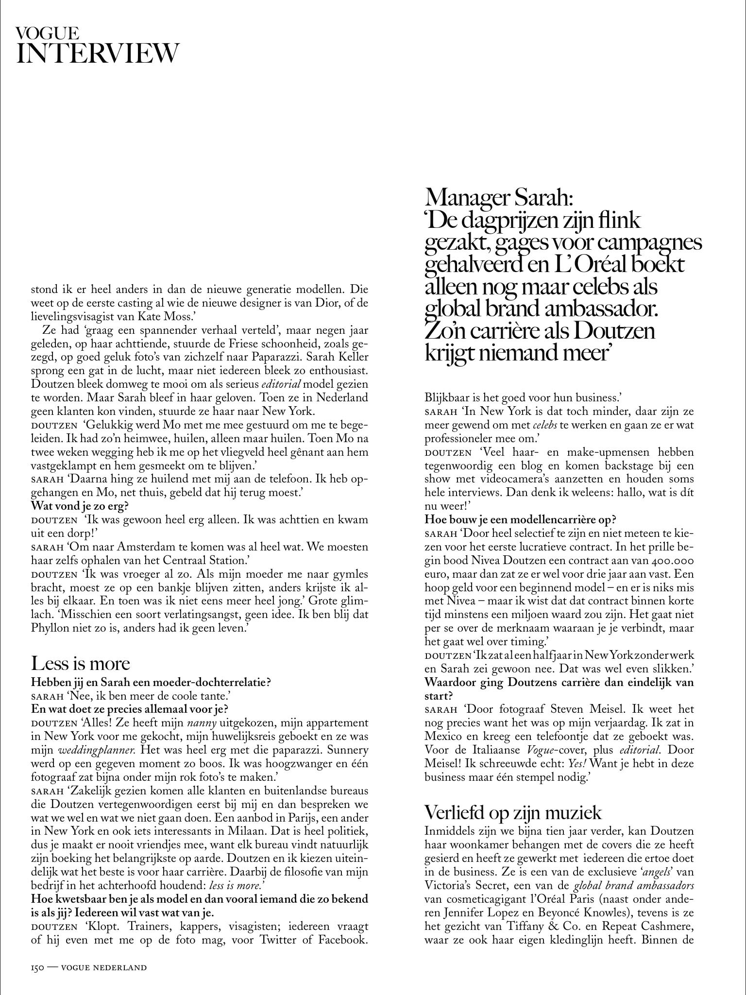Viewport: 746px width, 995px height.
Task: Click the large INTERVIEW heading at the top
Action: pos(97,53)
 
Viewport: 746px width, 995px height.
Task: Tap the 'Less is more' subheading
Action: pos(81,664)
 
